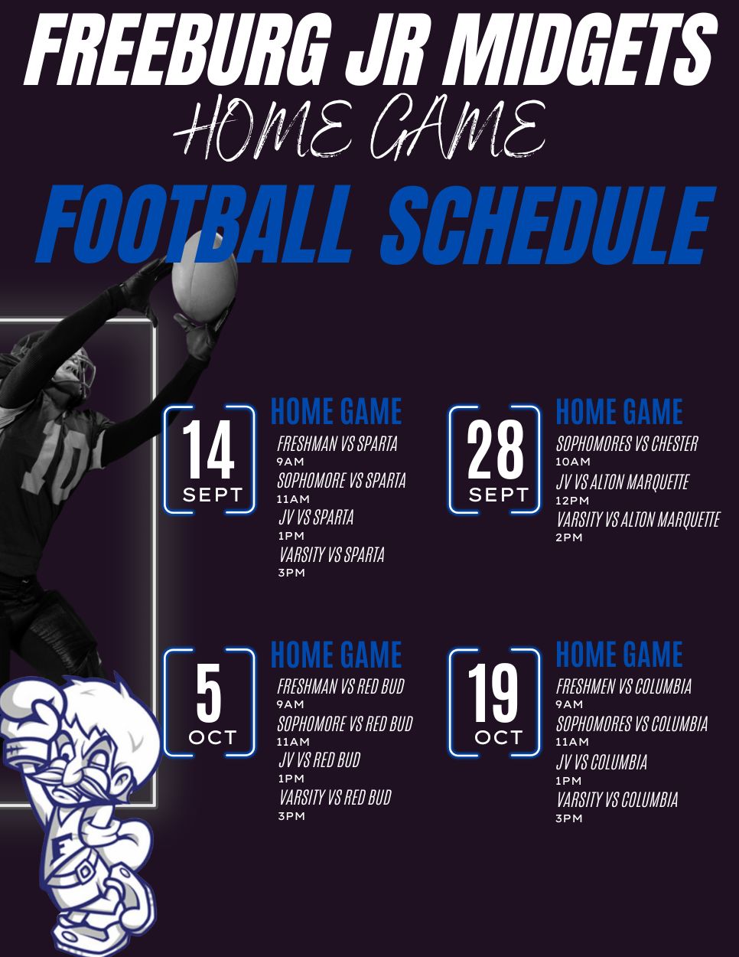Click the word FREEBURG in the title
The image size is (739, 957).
[177, 47]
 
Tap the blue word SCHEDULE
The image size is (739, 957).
[549, 225]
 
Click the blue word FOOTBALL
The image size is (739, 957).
[195, 225]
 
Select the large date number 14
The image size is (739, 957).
[208, 449]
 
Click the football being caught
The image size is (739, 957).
[204, 276]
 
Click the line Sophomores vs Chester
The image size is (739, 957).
[627, 443]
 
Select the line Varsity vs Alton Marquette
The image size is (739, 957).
[638, 519]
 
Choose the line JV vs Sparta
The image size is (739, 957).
[316, 517]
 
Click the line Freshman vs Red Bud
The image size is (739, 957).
[340, 686]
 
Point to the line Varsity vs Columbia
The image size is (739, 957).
[617, 799]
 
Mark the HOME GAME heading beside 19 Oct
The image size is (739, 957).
[620, 654]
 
